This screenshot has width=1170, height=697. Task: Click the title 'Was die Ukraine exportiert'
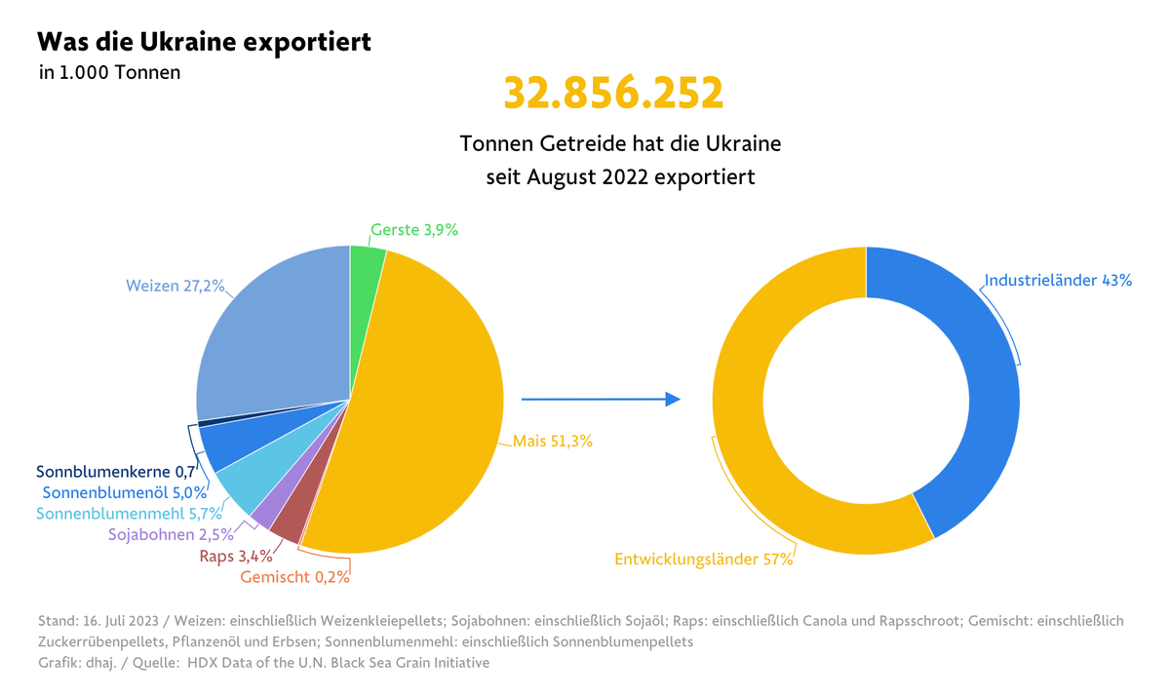click(204, 43)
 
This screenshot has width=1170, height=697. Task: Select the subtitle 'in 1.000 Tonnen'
click(110, 72)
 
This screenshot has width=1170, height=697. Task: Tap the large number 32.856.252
click(613, 93)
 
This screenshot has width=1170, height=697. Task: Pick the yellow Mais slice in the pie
click(429, 409)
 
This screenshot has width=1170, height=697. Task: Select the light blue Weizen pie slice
click(273, 331)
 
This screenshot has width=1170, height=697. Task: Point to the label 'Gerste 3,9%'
click(413, 230)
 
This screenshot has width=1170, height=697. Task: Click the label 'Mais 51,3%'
click(553, 441)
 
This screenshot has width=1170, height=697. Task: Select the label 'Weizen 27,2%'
click(175, 287)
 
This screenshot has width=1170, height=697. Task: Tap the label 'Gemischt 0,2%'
click(294, 576)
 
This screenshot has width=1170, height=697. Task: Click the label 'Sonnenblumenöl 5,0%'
click(125, 493)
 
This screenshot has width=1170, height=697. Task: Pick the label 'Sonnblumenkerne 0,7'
click(116, 473)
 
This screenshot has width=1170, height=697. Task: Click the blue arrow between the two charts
click(601, 399)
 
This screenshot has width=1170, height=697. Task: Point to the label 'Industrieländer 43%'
click(1058, 281)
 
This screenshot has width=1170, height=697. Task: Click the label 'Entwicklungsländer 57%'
click(703, 560)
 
